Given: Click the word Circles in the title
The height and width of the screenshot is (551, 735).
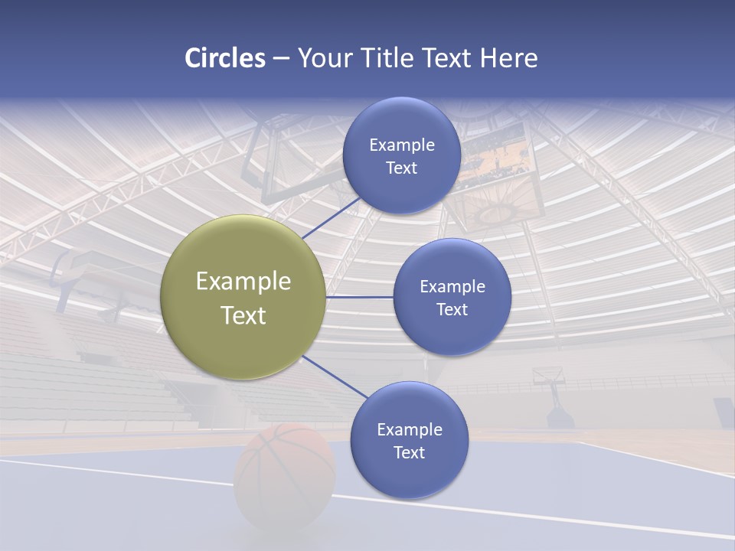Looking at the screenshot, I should point(225,58).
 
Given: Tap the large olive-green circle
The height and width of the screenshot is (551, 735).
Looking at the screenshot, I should point(243,297).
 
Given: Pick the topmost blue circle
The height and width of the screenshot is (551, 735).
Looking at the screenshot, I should point(401,155).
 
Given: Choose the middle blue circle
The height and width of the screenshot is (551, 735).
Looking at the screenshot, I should point(452,297).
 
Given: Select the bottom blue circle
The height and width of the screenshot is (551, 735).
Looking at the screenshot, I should point(409,440).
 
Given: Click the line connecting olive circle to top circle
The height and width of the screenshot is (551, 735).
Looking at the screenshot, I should point(332,217).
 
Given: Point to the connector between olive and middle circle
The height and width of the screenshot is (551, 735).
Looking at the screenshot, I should point(359,297).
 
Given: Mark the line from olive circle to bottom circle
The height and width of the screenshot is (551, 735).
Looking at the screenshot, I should point(335,377).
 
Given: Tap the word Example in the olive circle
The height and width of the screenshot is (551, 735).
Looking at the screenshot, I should point(243,281).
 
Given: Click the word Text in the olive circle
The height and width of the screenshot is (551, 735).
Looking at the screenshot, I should point(243,315).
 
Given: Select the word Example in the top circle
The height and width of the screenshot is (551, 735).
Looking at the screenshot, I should point(401,145).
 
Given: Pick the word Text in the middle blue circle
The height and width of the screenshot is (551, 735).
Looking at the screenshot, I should point(452,309).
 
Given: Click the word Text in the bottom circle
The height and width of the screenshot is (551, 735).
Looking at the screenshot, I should point(409,452).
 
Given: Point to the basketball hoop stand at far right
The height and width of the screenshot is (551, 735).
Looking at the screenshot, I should point(555,398).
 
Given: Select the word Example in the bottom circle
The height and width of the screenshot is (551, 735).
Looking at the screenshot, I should point(409,429).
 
